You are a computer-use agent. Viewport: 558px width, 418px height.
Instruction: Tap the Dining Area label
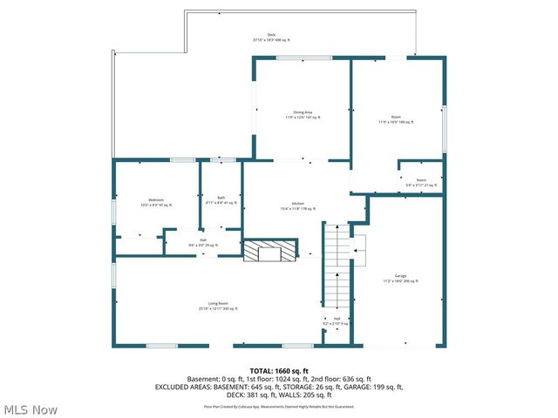pyautogui.click(x=303, y=114)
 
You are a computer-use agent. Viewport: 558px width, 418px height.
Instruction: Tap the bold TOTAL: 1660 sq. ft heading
pyautogui.click(x=279, y=371)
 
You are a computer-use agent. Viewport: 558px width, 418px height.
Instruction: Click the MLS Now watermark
pyautogui.click(x=31, y=409)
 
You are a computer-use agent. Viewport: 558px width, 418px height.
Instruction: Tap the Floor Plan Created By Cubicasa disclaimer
pyautogui.click(x=279, y=405)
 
